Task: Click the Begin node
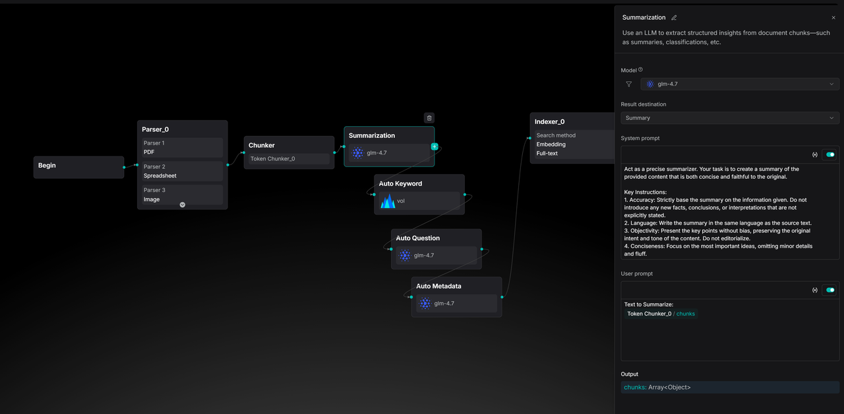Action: (x=78, y=167)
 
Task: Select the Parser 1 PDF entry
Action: (x=183, y=147)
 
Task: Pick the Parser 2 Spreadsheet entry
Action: (x=183, y=171)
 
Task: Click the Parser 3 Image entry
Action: (x=183, y=195)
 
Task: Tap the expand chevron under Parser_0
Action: (x=183, y=205)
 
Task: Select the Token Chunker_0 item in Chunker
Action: (x=289, y=159)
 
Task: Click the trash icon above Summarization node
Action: (x=429, y=118)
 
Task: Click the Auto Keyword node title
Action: (x=400, y=184)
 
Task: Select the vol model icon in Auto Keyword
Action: (x=387, y=201)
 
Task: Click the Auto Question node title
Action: (x=417, y=238)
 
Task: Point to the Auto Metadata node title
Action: (x=438, y=286)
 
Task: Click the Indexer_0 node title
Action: (x=549, y=122)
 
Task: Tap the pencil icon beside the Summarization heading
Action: (x=674, y=18)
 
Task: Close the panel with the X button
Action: (x=833, y=18)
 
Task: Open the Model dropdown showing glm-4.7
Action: (x=740, y=84)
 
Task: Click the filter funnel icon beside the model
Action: (x=629, y=84)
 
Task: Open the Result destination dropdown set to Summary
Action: (x=730, y=118)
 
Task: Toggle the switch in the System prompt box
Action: (x=830, y=155)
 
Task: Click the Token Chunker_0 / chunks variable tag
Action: (x=661, y=314)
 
